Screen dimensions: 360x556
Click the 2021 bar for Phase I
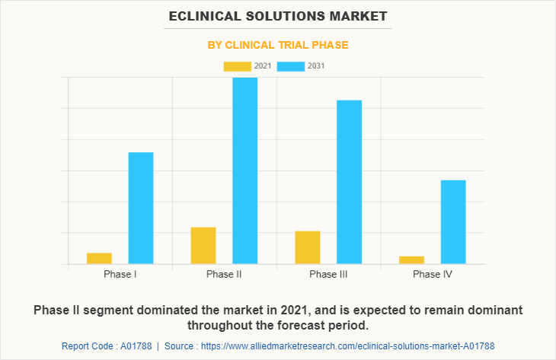coord(99,258)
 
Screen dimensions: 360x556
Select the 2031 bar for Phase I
coord(141,208)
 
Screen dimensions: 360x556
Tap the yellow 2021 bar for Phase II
coord(203,245)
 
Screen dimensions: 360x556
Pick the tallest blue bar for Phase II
coord(244,170)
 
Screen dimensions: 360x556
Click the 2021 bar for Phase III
coord(308,247)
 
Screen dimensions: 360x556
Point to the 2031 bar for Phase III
coord(349,182)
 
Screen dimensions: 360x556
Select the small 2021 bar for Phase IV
coord(411,260)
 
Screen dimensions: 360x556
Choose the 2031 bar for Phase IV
coord(453,221)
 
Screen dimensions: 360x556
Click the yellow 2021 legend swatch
coord(237,66)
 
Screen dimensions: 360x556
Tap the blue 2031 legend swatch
coord(290,66)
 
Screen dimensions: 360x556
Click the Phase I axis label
coord(120,274)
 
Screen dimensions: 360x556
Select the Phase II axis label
coord(224,274)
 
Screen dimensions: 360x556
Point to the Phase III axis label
coord(328,274)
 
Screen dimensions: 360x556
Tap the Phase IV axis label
coord(432,274)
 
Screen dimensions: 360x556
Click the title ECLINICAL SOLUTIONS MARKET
coord(278,15)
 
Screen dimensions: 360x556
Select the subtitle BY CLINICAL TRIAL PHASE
coord(278,45)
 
